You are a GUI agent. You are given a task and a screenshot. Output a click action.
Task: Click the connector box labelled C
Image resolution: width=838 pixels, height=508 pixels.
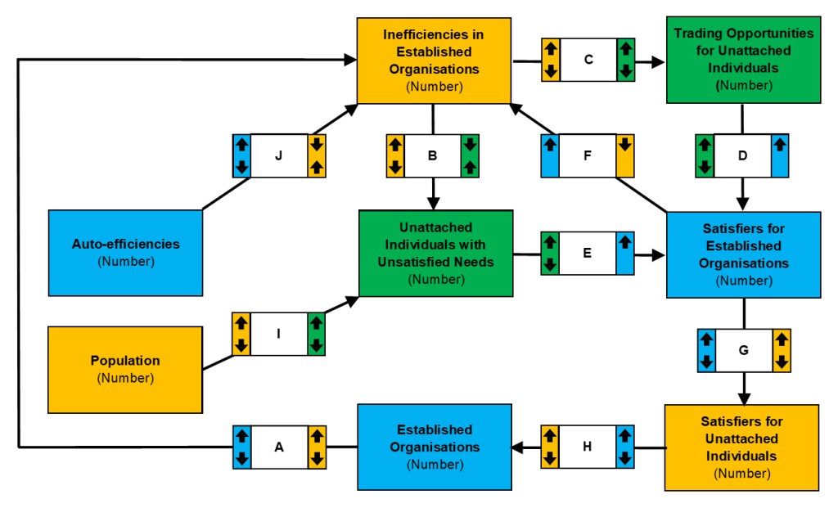coord(588,60)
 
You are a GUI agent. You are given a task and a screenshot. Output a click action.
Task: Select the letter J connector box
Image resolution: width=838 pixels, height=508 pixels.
coord(279,155)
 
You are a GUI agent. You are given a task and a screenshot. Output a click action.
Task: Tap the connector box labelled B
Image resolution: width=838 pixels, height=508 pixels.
coord(433,155)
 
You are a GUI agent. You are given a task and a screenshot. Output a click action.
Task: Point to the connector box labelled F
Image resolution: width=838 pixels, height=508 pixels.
coord(588,155)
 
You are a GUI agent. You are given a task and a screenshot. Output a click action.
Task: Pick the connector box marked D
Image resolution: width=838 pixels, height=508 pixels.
coord(742,155)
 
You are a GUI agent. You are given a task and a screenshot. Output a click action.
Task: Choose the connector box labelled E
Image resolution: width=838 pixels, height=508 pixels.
coord(588,254)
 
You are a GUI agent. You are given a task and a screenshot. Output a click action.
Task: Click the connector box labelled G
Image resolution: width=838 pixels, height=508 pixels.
coord(743,350)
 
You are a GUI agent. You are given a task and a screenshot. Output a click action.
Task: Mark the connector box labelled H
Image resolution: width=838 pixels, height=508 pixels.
coord(588,447)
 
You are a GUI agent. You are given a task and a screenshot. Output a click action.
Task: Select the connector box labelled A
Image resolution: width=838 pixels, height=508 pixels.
coord(279,447)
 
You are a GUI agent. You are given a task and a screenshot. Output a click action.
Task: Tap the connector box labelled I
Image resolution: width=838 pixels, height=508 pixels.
coord(279,334)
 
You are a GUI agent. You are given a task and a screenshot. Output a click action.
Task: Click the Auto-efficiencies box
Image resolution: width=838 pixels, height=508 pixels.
coord(125,252)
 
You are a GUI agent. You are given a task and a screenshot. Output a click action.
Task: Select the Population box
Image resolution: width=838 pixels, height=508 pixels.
coord(125,369)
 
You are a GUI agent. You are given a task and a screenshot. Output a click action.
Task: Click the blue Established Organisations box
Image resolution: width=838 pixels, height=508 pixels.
coord(435,447)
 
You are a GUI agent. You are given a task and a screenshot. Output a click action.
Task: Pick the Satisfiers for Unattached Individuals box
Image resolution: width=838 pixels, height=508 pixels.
coord(742,447)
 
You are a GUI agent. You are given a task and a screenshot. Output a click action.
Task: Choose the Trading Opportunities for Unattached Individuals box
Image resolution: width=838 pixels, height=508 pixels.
coord(744,60)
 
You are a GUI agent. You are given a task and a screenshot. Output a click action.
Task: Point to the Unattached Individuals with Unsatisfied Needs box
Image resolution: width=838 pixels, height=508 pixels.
coord(435,253)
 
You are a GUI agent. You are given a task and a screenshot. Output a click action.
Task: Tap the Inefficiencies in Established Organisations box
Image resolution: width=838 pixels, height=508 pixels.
coord(434,60)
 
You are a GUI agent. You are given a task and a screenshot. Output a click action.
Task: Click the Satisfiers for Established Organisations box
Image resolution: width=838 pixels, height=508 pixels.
coord(744,254)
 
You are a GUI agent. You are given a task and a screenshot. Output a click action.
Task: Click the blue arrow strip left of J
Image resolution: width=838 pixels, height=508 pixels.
coord(241,155)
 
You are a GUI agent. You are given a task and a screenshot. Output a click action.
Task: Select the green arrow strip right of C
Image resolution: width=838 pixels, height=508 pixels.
coord(626,60)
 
